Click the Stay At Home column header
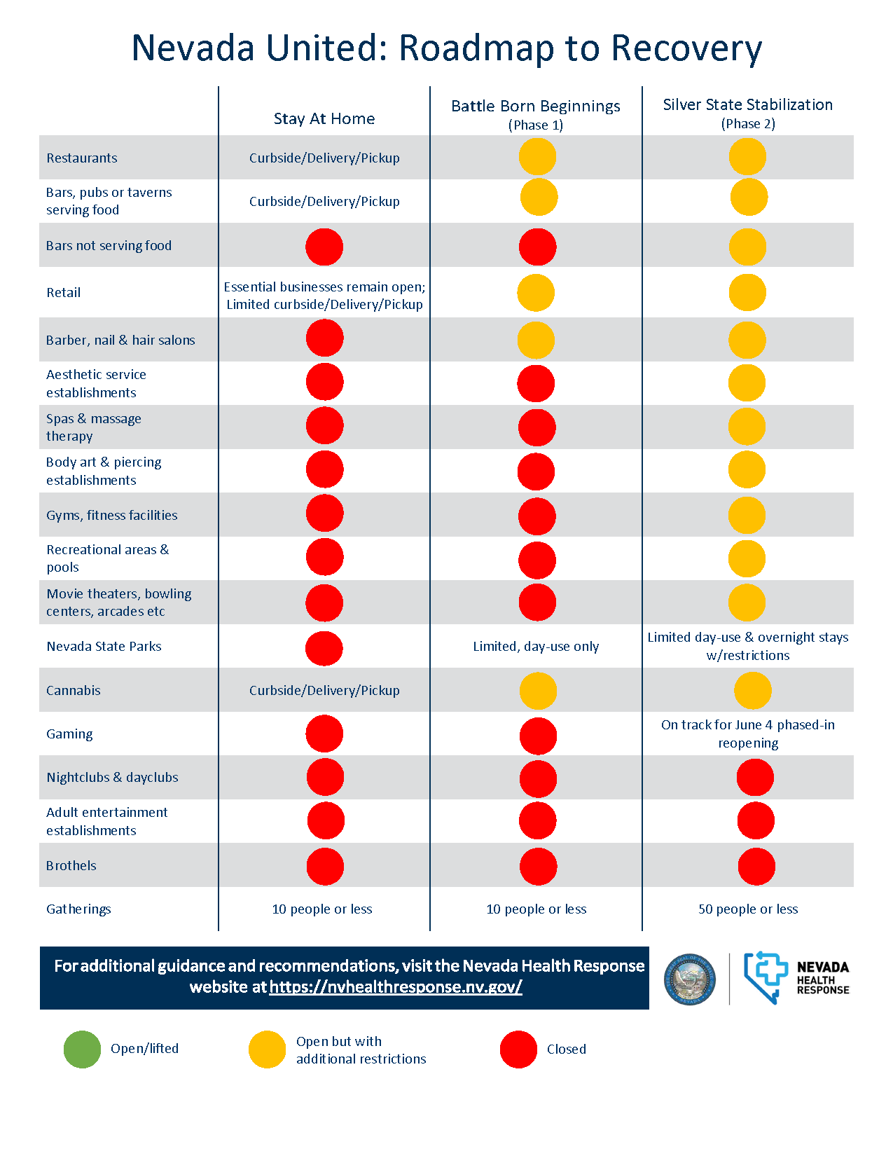click(x=324, y=118)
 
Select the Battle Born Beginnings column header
click(x=536, y=113)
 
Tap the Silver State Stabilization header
click(x=748, y=113)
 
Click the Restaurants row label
click(x=81, y=158)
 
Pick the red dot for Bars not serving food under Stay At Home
click(x=324, y=247)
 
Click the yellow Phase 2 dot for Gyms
click(x=747, y=515)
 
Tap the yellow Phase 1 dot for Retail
click(x=536, y=293)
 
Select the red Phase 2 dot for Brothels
click(x=756, y=867)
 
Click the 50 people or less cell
click(x=748, y=909)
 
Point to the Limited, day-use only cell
click(x=536, y=647)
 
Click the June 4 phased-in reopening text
click(x=748, y=734)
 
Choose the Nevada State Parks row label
click(x=104, y=647)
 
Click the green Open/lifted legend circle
click(x=82, y=1049)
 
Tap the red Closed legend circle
click(x=518, y=1049)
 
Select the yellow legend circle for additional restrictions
click(x=267, y=1049)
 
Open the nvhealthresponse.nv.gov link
click(x=396, y=987)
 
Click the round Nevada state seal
click(x=689, y=979)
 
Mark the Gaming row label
click(x=69, y=734)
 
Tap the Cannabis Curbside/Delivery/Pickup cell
click(x=324, y=690)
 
